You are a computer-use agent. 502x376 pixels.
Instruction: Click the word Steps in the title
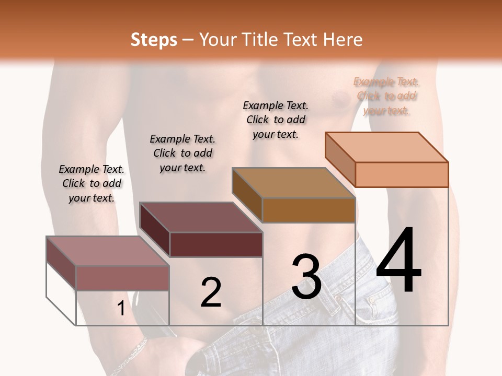pos(154,40)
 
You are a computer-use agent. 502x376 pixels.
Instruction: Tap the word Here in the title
pos(344,40)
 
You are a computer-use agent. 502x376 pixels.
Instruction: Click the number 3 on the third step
pos(306,277)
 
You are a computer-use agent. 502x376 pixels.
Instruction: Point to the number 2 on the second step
pos(211,292)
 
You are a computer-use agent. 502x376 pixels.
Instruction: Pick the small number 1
pos(121,309)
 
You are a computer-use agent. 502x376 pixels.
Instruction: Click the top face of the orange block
pos(386,147)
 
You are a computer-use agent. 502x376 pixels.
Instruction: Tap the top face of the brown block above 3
pos(293,183)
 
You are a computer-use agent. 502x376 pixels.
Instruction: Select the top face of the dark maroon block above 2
pos(201,217)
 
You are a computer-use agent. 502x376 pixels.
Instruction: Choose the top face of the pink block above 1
pos(108,251)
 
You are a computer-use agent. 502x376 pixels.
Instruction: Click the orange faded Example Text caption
pos(386,96)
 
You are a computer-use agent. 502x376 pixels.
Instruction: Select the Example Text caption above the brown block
pos(276,120)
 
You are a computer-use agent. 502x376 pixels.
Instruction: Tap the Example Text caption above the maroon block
pos(182,153)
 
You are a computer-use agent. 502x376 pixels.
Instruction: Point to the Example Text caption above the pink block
pos(92,183)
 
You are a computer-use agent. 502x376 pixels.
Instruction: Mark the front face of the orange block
pos(402,174)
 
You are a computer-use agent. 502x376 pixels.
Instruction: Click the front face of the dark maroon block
pos(216,244)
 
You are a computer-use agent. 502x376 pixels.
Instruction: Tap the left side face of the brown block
pos(247,195)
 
